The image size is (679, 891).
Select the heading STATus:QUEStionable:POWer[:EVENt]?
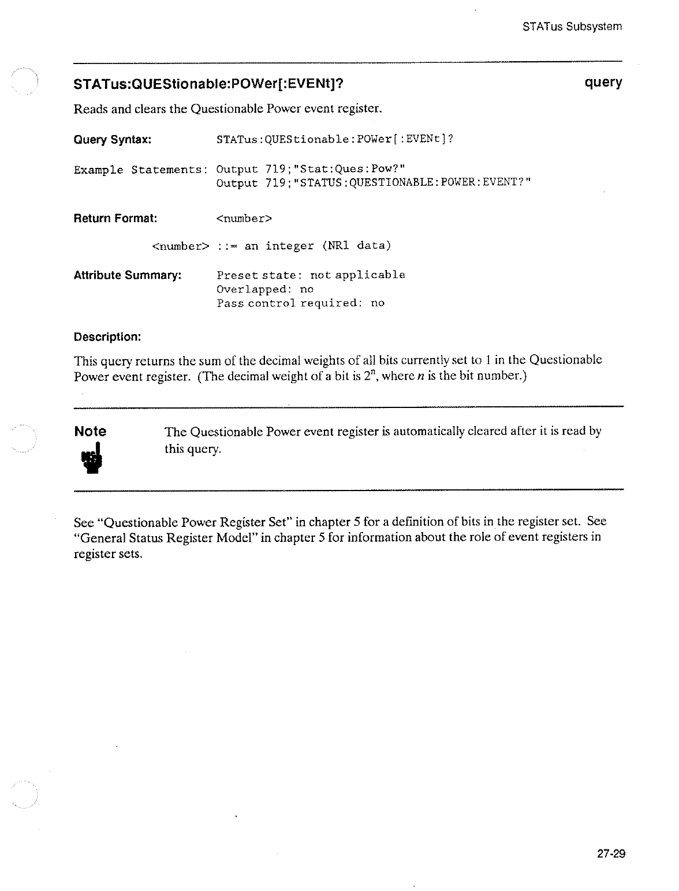pyautogui.click(x=209, y=84)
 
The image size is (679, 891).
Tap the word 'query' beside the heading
pyautogui.click(x=603, y=83)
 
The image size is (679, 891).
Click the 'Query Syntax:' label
pyautogui.click(x=113, y=140)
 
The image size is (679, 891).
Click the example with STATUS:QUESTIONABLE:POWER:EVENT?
pyautogui.click(x=373, y=183)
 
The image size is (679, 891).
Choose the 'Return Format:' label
pyautogui.click(x=115, y=219)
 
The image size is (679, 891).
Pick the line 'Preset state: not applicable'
pyautogui.click(x=311, y=275)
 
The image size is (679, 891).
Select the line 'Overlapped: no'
pyautogui.click(x=265, y=289)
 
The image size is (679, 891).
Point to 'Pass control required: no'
pyautogui.click(x=300, y=303)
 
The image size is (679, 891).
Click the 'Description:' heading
pyautogui.click(x=107, y=336)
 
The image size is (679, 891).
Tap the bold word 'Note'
pyautogui.click(x=91, y=431)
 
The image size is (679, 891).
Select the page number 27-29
pyautogui.click(x=611, y=855)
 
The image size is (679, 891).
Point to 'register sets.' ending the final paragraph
pyautogui.click(x=109, y=554)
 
